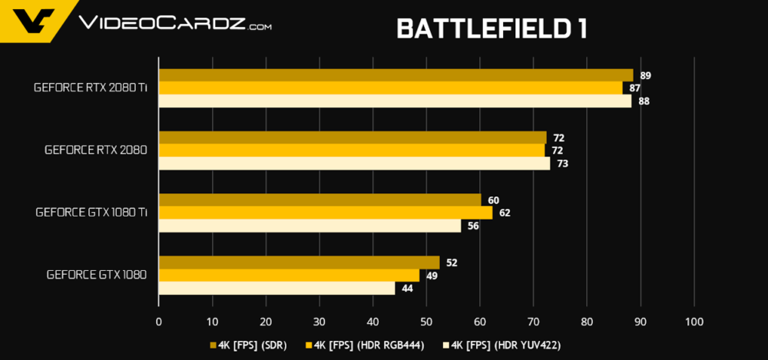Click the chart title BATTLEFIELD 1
point(492,28)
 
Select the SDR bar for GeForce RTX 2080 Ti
point(396,75)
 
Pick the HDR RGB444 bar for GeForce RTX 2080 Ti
point(390,88)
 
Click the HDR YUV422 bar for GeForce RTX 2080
point(354,163)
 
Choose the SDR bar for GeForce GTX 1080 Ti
point(319,200)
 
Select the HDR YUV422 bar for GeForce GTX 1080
point(276,288)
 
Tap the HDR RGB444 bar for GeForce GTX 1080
point(289,275)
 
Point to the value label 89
point(645,75)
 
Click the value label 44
point(407,289)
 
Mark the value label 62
point(505,213)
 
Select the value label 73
point(562,163)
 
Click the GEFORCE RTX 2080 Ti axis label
point(91,88)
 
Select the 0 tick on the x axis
point(158,322)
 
